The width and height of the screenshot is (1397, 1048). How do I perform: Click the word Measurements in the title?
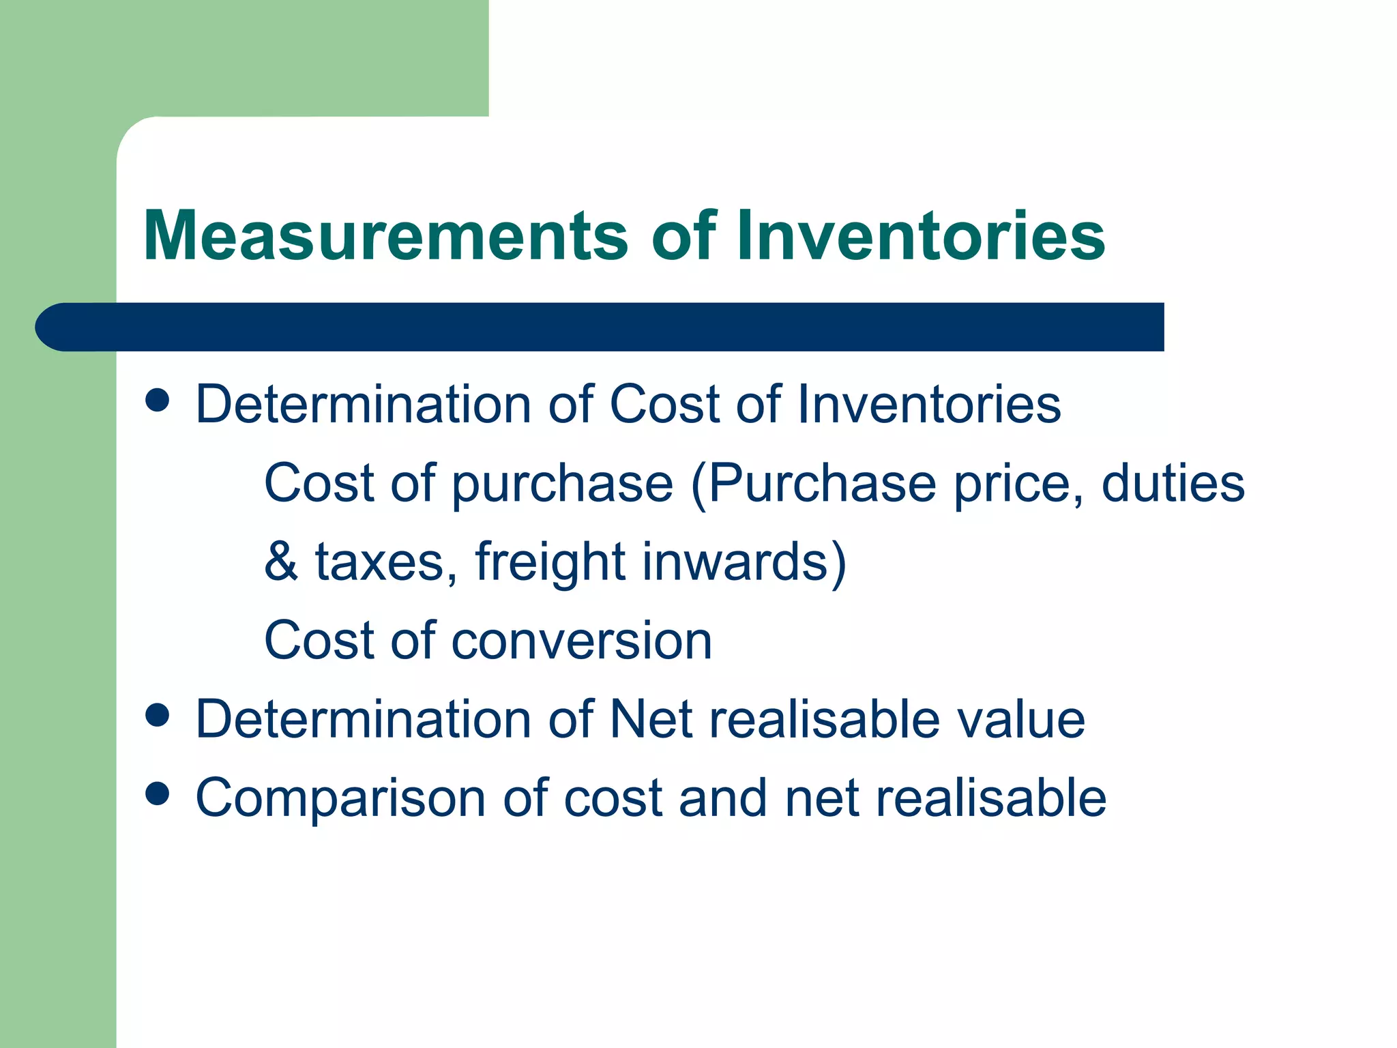pyautogui.click(x=385, y=236)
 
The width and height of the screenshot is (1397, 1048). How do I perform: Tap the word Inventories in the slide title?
pyautogui.click(x=921, y=236)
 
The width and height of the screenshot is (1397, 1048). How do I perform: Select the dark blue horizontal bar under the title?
pyautogui.click(x=600, y=327)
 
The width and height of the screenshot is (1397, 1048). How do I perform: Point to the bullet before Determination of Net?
pyautogui.click(x=158, y=716)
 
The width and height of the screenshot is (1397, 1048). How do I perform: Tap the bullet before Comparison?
pyautogui.click(x=158, y=794)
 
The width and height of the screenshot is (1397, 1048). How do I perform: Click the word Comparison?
pyautogui.click(x=340, y=798)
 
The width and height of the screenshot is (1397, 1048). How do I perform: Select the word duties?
pyautogui.click(x=1173, y=483)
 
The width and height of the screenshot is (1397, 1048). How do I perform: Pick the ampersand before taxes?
pyautogui.click(x=281, y=562)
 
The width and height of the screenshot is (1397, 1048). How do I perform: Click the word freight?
pyautogui.click(x=550, y=562)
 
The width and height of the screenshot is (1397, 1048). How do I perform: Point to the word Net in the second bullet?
pyautogui.click(x=651, y=719)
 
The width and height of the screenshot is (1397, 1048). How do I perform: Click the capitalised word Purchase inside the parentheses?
pyautogui.click(x=822, y=483)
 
